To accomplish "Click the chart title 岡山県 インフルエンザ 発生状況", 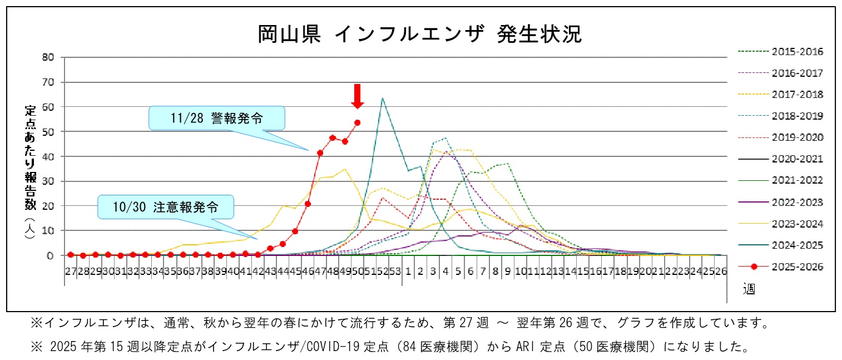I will [420, 34].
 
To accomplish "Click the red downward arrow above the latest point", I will [358, 96].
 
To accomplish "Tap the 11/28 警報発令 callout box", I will [217, 119].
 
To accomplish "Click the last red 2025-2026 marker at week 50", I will [358, 122].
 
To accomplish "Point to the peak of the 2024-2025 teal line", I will [382, 98].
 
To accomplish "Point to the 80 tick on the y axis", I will [48, 57].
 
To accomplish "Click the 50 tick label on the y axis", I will [48, 132].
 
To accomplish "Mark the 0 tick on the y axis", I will [51, 255].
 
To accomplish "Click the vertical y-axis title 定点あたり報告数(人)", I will [30, 172].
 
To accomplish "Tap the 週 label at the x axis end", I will [749, 289].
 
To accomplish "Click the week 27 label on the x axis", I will [70, 271].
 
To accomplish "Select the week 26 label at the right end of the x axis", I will [721, 271].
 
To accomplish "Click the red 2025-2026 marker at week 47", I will [320, 152].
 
